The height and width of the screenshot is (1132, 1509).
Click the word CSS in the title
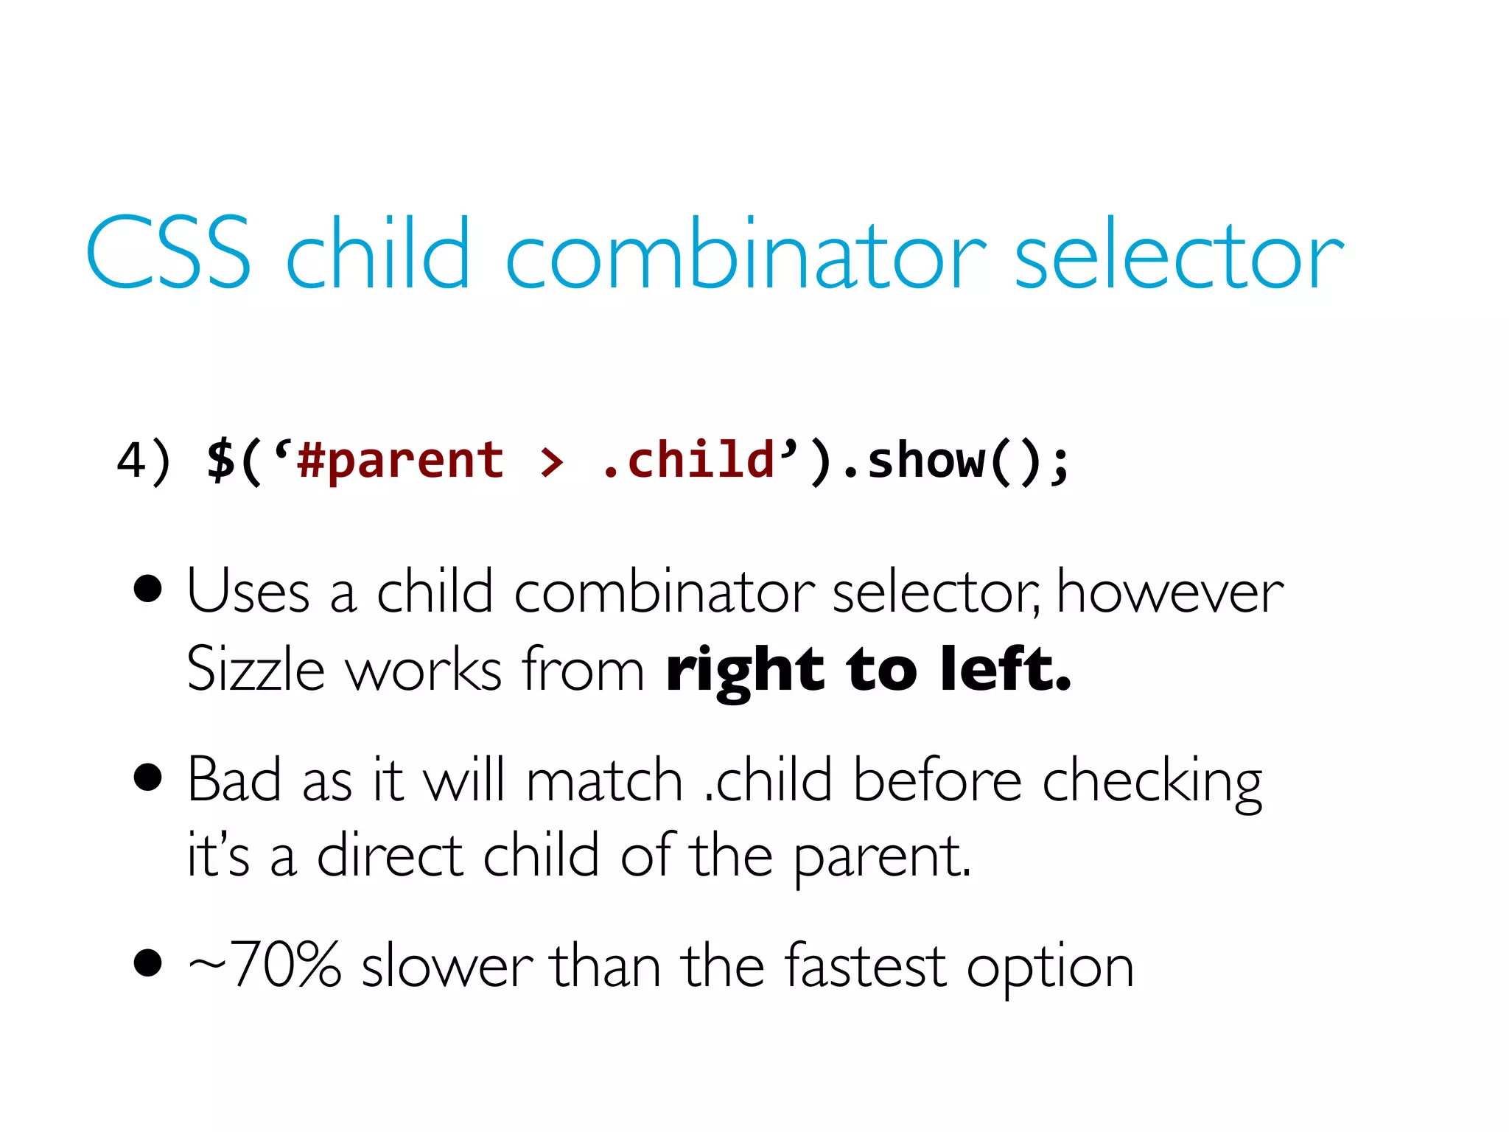coord(168,253)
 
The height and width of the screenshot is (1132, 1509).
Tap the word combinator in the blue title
coord(744,253)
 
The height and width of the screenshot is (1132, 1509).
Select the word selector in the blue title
coord(1179,253)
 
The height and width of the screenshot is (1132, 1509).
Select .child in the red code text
coord(688,461)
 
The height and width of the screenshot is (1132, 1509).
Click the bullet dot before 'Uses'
coord(148,590)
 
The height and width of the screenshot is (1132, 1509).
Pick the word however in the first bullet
coord(1170,592)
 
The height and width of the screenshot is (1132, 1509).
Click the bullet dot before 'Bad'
coord(148,777)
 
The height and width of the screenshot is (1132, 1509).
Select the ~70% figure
coord(265,965)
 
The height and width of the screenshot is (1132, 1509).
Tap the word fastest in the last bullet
coord(864,965)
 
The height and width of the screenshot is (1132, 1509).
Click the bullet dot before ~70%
coord(148,962)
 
